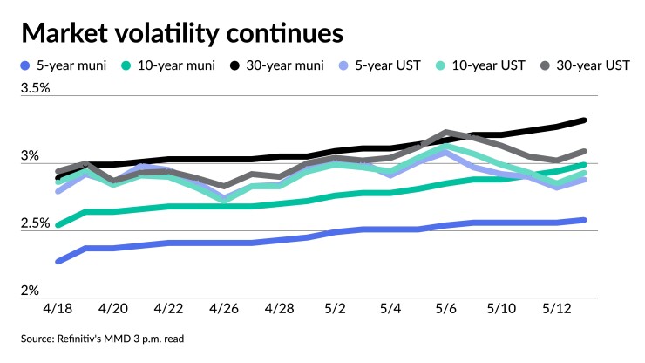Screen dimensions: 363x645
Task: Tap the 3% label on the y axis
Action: tap(30, 155)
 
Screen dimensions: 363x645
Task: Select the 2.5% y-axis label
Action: tap(35, 223)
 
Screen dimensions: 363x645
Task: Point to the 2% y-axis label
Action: tap(30, 291)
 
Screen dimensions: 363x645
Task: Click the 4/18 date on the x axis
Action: tap(58, 310)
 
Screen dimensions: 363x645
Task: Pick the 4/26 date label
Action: tap(224, 310)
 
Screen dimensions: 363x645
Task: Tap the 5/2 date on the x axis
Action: tap(335, 310)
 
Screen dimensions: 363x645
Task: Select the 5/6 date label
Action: tap(445, 310)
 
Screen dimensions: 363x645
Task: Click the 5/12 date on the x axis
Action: tap(555, 310)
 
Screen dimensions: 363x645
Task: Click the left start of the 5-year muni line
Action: tap(58, 261)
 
